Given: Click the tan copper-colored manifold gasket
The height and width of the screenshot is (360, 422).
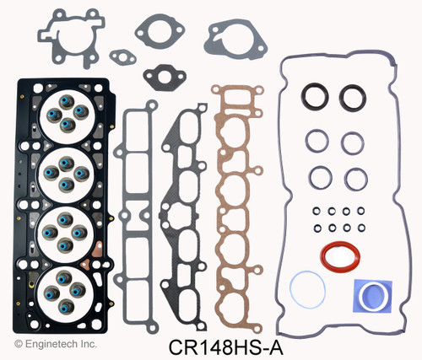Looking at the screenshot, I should tap(245, 185).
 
